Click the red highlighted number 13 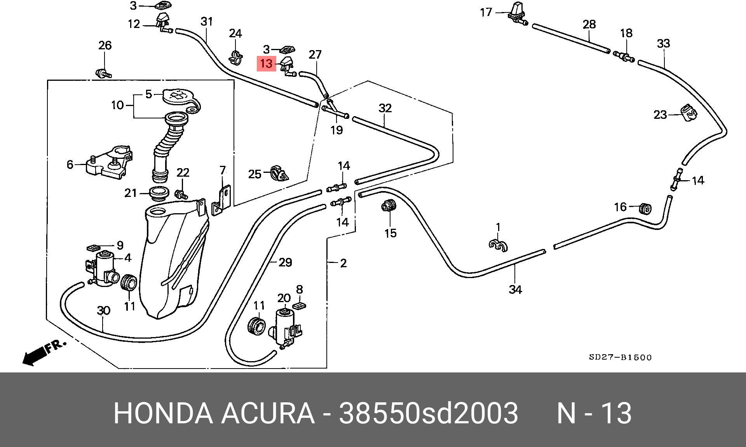266,63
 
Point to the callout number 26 105,45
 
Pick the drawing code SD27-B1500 620,357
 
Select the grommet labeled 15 388,205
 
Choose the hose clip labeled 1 498,245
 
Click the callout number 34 515,289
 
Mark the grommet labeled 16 645,209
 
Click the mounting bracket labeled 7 222,200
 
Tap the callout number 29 285,263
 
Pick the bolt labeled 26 104,73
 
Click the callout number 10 117,105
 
